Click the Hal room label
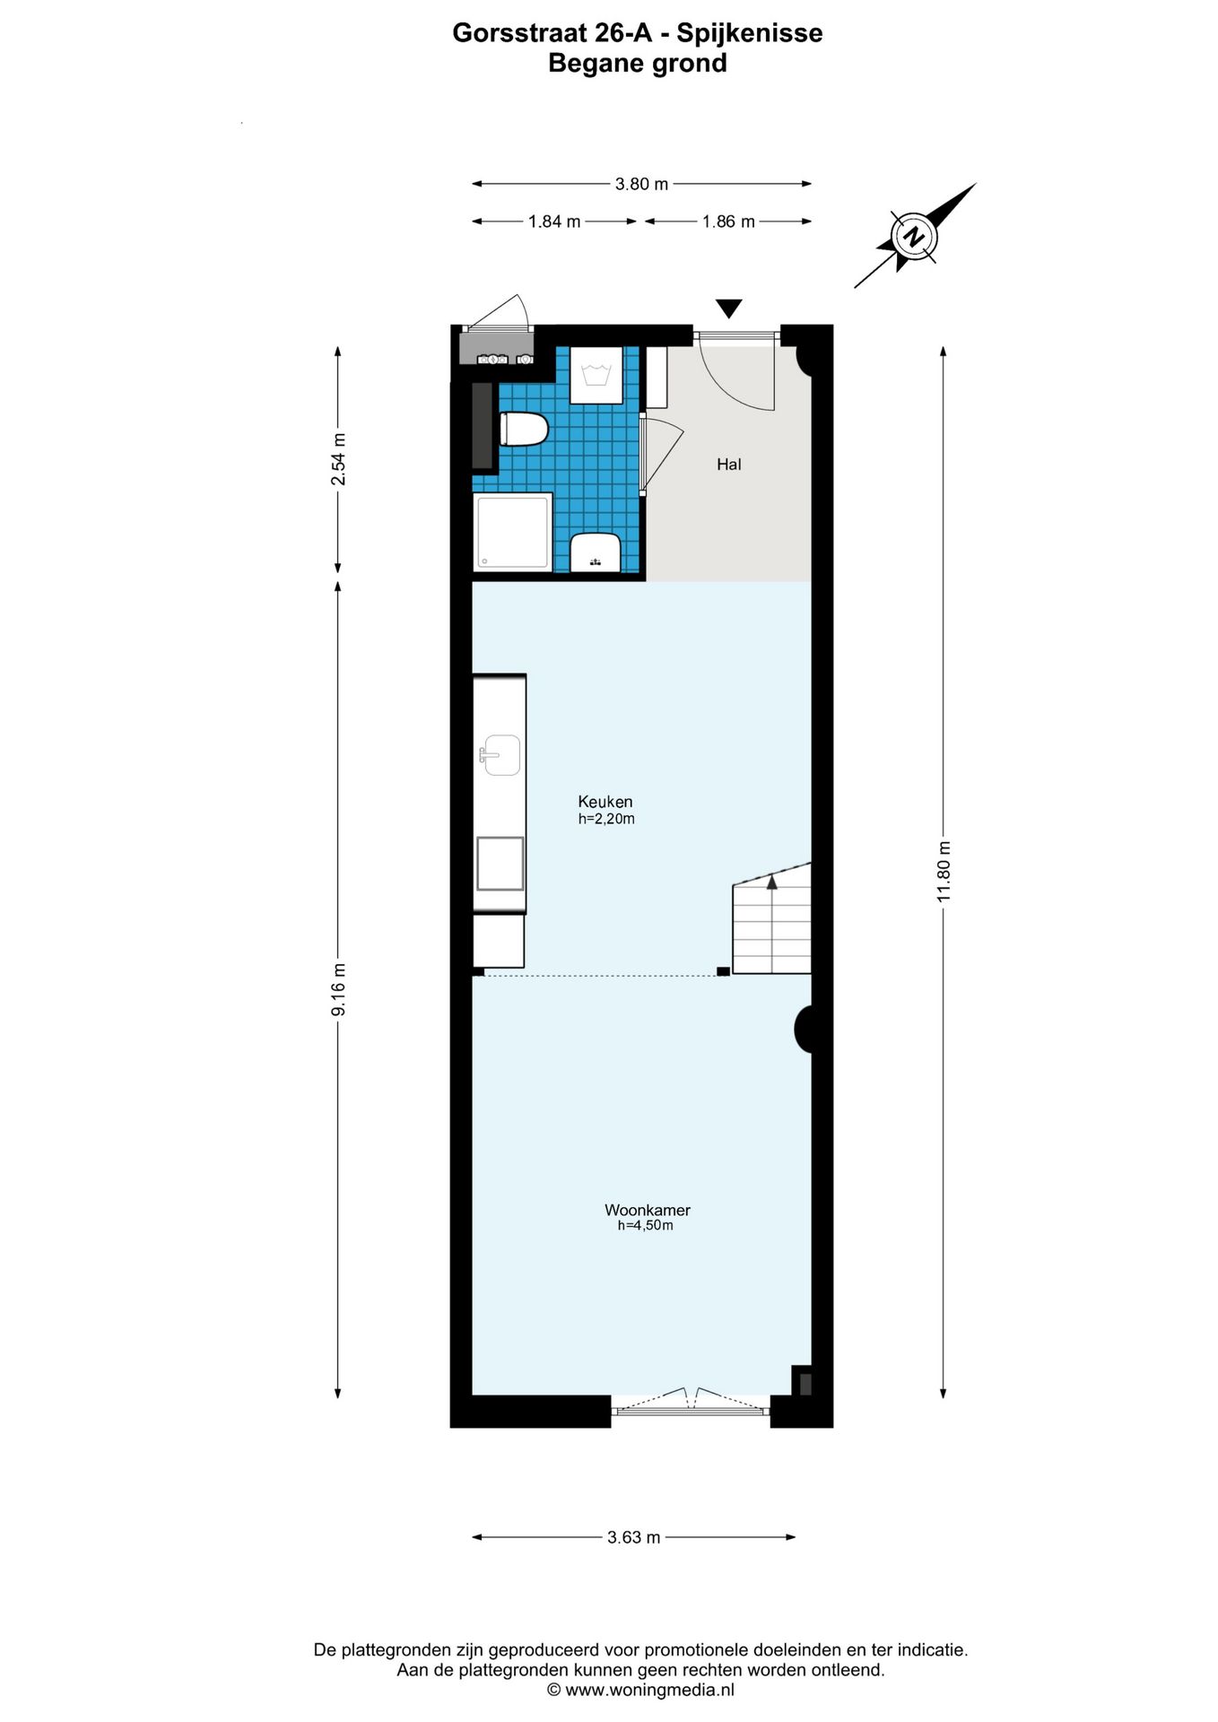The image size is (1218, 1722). pos(728,465)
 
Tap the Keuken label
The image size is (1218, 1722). pos(605,802)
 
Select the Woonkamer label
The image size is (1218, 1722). pos(647,1210)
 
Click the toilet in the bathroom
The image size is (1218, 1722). pos(523,430)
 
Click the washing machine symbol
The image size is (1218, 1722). pos(596,375)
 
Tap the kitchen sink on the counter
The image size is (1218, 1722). pos(500,755)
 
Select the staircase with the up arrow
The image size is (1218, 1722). pos(772,924)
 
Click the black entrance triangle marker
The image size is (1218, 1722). pos(729,309)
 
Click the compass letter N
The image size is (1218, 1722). pos(914,237)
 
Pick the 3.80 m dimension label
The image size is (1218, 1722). pos(641,184)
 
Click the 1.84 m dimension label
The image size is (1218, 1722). pos(554,222)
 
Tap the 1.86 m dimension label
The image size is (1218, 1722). pos(727,222)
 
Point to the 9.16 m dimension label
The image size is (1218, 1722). pos(338,990)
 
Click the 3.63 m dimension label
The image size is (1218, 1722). pos(633,1537)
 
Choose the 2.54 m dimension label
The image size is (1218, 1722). pos(338,459)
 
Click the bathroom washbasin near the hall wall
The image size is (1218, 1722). pos(596,552)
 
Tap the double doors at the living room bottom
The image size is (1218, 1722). pos(691,1404)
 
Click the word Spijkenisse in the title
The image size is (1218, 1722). pos(749,33)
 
